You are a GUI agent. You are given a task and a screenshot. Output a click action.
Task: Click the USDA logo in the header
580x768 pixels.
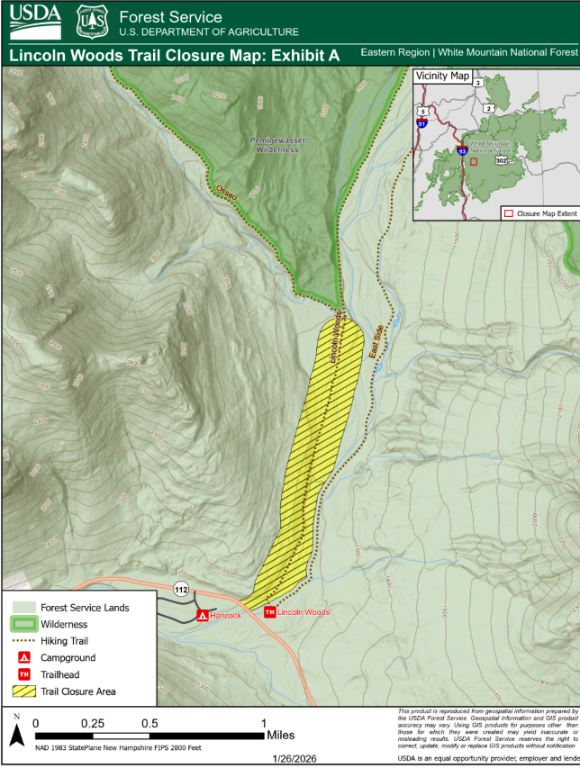[35, 21]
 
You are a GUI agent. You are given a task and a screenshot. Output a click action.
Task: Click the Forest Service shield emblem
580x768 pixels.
[92, 21]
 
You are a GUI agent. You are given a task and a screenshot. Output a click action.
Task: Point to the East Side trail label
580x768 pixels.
[378, 345]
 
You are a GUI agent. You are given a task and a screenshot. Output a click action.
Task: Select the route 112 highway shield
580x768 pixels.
[181, 590]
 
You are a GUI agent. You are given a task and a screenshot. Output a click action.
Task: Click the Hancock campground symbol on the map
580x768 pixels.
[203, 615]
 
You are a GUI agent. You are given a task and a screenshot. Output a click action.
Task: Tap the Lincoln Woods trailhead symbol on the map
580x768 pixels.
[269, 612]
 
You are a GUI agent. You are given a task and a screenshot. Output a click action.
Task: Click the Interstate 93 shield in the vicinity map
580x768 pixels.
[461, 152]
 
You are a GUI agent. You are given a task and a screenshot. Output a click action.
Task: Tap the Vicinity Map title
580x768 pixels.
[442, 77]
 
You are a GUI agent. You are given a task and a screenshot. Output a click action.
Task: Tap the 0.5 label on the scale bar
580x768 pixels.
[150, 723]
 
